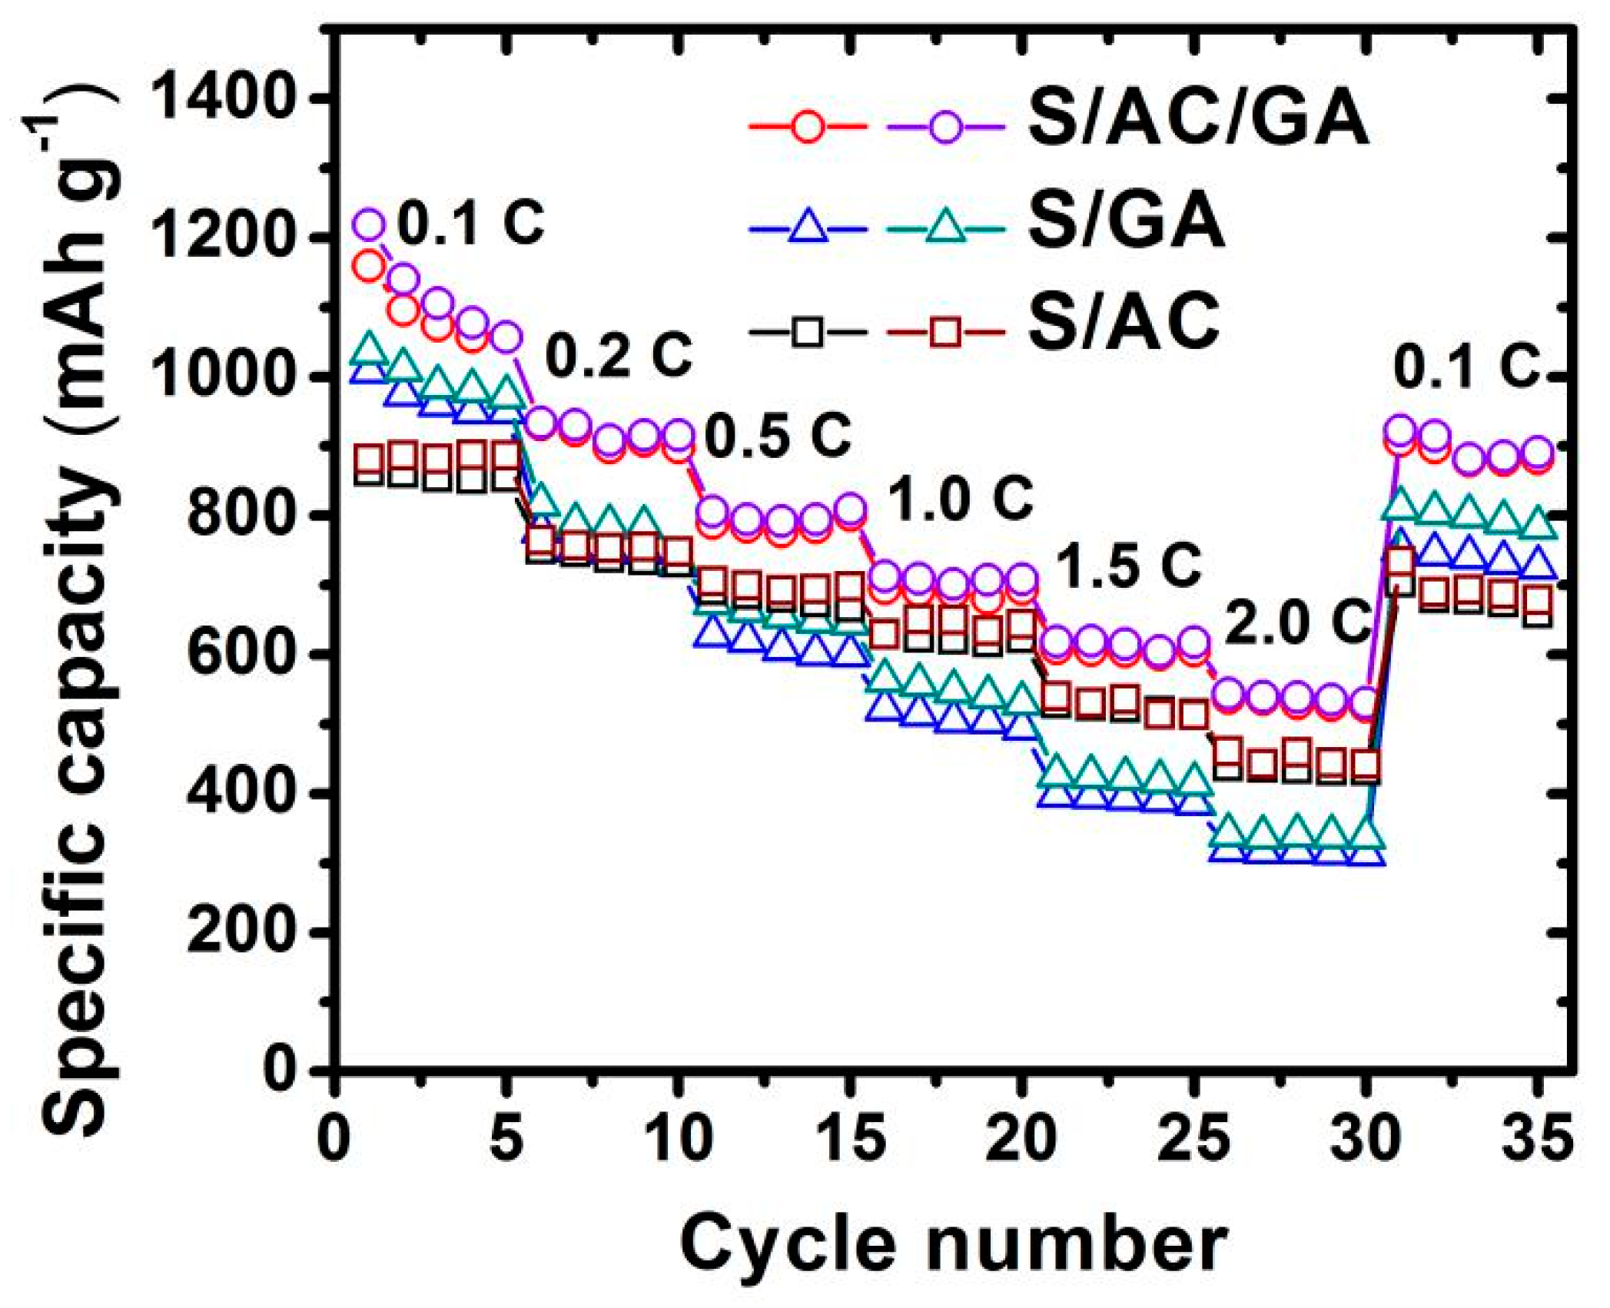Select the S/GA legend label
point(1127,222)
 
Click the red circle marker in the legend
point(808,126)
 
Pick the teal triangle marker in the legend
point(945,227)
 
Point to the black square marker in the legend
point(808,332)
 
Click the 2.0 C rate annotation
point(1297,622)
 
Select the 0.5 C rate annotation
point(778,436)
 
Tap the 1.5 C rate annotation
point(1127,566)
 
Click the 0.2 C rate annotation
point(619,355)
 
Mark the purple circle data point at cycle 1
point(369,224)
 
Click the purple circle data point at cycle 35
point(1537,452)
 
